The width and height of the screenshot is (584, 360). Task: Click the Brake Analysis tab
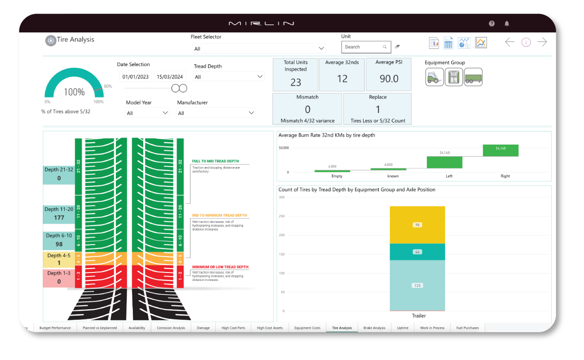click(374, 328)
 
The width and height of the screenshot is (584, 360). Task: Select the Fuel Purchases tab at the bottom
click(467, 328)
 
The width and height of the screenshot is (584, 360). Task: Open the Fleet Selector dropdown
click(259, 49)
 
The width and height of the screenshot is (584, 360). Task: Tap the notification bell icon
click(507, 23)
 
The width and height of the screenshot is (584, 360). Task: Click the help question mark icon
click(491, 23)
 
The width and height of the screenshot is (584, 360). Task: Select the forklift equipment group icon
click(434, 77)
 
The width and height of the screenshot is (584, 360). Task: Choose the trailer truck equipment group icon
click(473, 77)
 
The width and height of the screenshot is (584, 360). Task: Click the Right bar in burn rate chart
click(500, 150)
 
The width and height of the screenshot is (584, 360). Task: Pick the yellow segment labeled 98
click(417, 225)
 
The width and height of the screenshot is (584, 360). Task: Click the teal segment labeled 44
click(417, 252)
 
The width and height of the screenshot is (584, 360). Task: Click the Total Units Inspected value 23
click(295, 82)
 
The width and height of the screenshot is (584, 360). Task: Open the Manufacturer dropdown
click(216, 113)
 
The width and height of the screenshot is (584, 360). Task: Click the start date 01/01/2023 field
click(136, 77)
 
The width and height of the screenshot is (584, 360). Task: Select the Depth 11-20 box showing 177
click(59, 214)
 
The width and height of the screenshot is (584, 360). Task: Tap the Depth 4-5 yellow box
click(59, 260)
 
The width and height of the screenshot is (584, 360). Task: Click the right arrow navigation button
click(542, 42)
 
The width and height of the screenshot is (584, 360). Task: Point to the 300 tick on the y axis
click(282, 197)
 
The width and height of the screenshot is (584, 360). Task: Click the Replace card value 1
click(378, 109)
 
